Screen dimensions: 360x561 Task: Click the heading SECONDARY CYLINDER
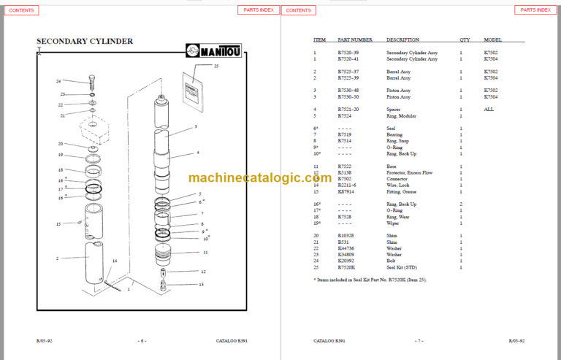[85, 42]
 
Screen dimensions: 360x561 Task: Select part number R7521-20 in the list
[348, 109]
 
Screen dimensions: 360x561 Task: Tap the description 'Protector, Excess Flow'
[409, 172]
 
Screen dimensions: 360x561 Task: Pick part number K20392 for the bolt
[347, 261]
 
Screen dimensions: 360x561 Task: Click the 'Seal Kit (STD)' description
[401, 268]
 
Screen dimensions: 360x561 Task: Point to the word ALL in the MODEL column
[489, 109]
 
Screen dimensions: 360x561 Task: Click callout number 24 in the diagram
[58, 81]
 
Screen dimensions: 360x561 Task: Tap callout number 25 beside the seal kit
[216, 66]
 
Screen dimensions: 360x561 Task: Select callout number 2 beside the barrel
[57, 258]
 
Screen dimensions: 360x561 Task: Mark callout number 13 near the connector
[202, 284]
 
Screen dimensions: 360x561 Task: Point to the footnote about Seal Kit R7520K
[370, 280]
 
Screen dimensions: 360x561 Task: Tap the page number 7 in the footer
[419, 341]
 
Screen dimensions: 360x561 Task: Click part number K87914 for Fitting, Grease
[347, 191]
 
